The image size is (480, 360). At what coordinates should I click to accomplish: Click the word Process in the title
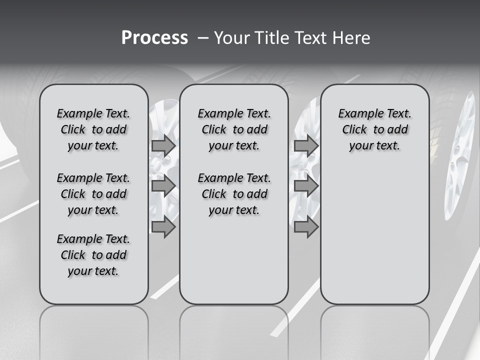tap(154, 38)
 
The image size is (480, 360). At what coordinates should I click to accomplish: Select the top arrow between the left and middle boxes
tap(163, 145)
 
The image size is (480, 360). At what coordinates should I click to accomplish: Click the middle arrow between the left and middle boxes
tap(163, 186)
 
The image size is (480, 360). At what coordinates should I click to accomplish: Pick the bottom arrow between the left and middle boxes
tap(163, 227)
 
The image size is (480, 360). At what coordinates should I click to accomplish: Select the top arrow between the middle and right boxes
tap(306, 145)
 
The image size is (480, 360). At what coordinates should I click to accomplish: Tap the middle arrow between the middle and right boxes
tap(306, 186)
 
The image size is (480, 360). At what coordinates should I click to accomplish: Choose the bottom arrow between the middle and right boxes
tap(306, 227)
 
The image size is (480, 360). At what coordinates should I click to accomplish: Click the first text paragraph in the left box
tap(93, 129)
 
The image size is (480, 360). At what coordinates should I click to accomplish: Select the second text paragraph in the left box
tap(93, 194)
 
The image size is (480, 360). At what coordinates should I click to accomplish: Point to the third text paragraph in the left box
tap(93, 255)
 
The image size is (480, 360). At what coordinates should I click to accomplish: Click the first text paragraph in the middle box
tap(234, 129)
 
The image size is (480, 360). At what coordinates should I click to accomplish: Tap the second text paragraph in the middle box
tap(234, 194)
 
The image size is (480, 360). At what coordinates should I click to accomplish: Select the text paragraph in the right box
tap(374, 129)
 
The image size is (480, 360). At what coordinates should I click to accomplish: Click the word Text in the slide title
tap(311, 38)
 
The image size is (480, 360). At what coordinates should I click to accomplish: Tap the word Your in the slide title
tap(233, 38)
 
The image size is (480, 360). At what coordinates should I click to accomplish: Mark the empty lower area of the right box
tap(374, 230)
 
